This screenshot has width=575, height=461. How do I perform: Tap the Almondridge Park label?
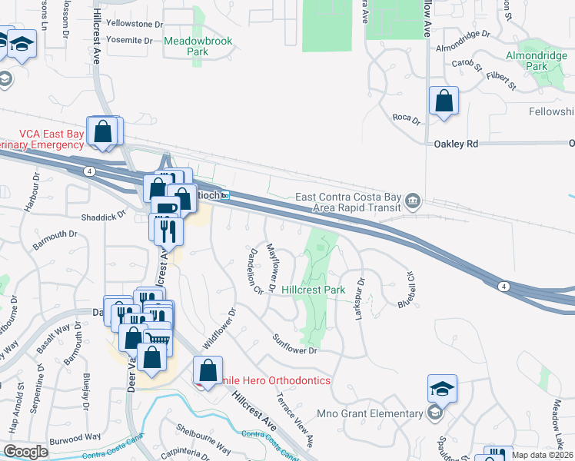pyautogui.click(x=537, y=61)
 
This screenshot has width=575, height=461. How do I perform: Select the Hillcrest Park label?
pyautogui.click(x=313, y=290)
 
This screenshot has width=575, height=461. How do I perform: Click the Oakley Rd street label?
pyautogui.click(x=456, y=144)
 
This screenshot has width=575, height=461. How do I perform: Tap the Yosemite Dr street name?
pyautogui.click(x=128, y=39)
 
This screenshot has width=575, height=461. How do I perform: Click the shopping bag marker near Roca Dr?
pyautogui.click(x=444, y=101)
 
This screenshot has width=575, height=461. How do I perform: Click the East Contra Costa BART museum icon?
pyautogui.click(x=413, y=201)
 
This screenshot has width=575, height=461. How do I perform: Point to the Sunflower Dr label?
pyautogui.click(x=296, y=345)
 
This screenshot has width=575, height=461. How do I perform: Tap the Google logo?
pyautogui.click(x=25, y=451)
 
